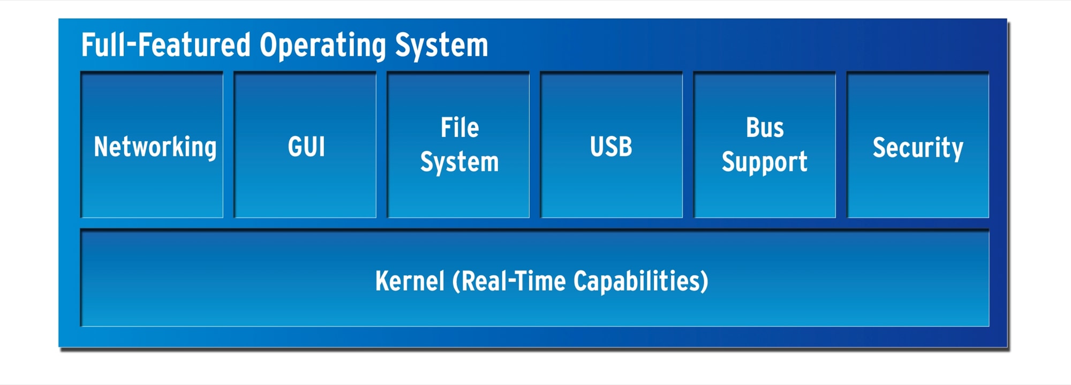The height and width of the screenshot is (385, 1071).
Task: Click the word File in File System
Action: tap(459, 128)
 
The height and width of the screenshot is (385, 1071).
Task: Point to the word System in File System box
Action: tap(459, 162)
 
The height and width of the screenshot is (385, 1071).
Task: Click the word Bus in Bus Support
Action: tap(765, 128)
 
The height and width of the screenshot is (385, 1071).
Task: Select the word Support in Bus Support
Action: tap(764, 162)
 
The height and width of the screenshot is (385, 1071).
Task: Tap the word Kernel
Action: tap(410, 281)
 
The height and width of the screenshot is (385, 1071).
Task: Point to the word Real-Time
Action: tap(514, 281)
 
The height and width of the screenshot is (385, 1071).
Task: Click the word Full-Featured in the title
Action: tap(165, 45)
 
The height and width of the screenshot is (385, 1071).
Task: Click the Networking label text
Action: tap(155, 147)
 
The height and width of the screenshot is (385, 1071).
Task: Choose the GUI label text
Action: tap(306, 147)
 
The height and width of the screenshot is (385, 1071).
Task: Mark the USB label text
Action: tap(611, 147)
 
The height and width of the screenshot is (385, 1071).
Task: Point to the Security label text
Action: tap(918, 148)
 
